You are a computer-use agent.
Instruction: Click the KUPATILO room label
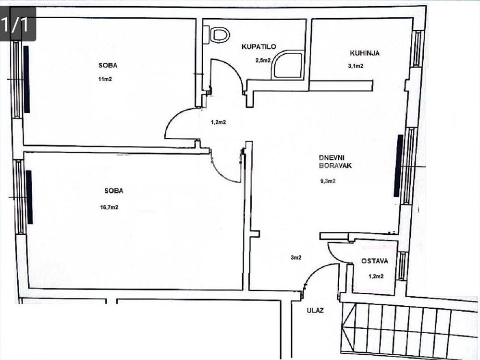tap(258, 47)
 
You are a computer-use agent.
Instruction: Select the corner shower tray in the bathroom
tap(287, 65)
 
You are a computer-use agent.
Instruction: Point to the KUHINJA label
tap(365, 53)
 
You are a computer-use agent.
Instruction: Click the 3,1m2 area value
tap(356, 66)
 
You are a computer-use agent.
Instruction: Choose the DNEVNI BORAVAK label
tap(335, 162)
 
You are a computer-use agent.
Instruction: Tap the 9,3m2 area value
tap(328, 181)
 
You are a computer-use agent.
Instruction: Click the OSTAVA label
tap(375, 261)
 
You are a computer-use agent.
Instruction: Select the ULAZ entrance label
tap(315, 311)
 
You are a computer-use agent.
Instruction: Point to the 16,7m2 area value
tap(109, 207)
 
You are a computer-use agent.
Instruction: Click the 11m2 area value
tap(105, 79)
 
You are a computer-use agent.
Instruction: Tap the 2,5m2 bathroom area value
tap(263, 60)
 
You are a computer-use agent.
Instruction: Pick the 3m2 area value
tap(295, 258)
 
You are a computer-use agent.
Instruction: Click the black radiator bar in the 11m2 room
tap(26, 79)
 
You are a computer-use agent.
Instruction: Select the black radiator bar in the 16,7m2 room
tap(29, 197)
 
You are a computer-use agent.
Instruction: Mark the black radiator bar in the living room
tap(398, 166)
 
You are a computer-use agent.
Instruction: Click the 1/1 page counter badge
tap(18, 24)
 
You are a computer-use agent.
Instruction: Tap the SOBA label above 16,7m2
tap(114, 191)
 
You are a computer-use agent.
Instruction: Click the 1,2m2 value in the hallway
tap(218, 122)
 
